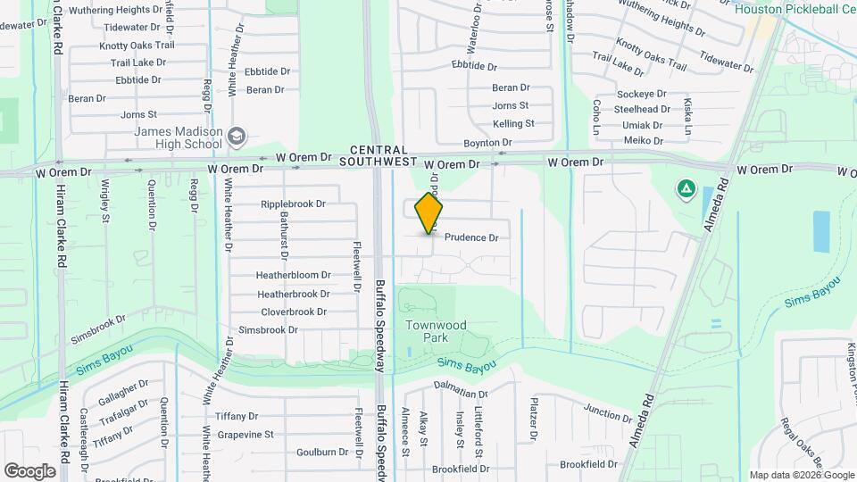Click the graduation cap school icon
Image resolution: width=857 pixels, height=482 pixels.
click(237, 137)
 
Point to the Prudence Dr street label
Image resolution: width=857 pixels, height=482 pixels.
click(470, 237)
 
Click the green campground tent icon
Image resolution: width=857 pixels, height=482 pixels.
click(686, 188)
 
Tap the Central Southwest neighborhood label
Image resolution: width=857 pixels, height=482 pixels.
click(379, 156)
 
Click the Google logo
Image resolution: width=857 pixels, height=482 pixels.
click(29, 470)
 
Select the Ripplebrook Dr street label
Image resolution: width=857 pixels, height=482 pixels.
click(293, 204)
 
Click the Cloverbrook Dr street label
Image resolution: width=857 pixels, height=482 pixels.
click(294, 312)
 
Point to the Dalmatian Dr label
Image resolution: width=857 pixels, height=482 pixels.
click(462, 393)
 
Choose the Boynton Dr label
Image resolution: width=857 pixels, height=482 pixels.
click(487, 143)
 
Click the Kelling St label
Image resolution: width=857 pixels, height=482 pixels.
click(513, 123)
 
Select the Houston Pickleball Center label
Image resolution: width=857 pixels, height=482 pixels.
click(795, 8)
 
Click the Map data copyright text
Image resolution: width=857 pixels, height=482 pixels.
click(800, 475)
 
